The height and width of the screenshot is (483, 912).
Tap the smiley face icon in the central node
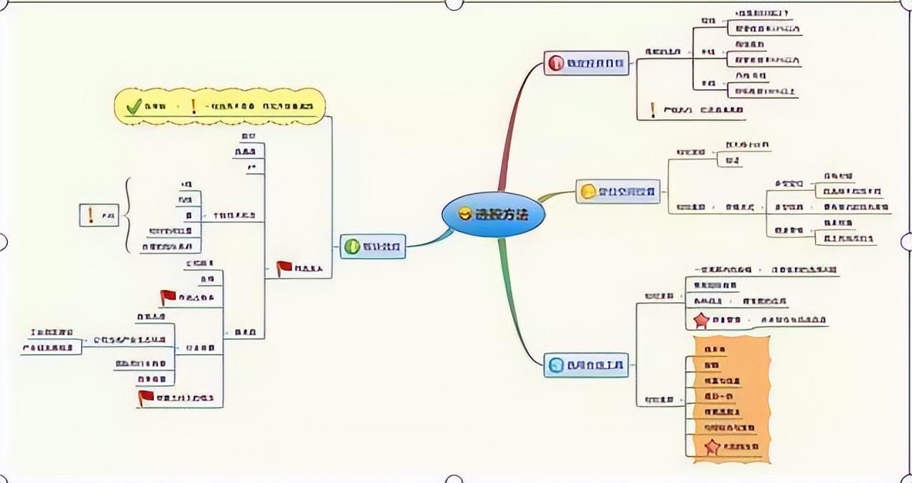pyautogui.click(x=465, y=214)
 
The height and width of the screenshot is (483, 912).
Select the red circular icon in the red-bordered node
pyautogui.click(x=556, y=63)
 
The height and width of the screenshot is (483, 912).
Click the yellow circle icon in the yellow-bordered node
pyautogui.click(x=588, y=192)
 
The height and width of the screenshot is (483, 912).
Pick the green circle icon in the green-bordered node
pyautogui.click(x=352, y=247)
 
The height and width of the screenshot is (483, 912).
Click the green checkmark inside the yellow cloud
pyautogui.click(x=134, y=107)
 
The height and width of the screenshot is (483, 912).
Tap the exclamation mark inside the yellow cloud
pyautogui.click(x=193, y=107)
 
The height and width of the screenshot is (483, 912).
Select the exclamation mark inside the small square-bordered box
pyautogui.click(x=90, y=214)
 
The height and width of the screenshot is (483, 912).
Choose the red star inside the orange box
pyautogui.click(x=711, y=447)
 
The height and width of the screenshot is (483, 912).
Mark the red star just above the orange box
pyautogui.click(x=702, y=321)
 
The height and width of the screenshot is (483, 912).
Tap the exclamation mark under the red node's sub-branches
pyautogui.click(x=653, y=110)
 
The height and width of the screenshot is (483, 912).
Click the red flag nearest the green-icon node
pyautogui.click(x=284, y=268)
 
